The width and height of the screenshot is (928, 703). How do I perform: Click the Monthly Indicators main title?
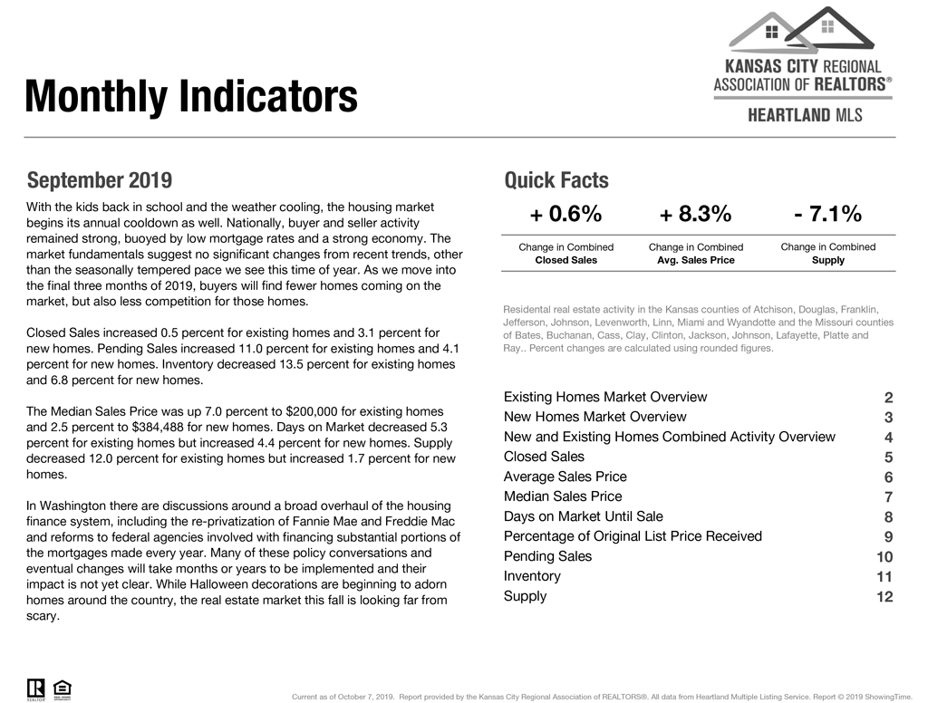(191, 97)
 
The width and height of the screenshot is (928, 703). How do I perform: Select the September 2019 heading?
(99, 179)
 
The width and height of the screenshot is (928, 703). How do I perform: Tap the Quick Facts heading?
(556, 179)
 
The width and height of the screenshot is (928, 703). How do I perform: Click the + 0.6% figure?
(565, 215)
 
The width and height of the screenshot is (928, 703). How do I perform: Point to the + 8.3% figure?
(695, 215)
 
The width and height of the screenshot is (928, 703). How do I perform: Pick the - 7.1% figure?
(827, 215)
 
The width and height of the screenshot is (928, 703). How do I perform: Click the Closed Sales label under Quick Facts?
(565, 260)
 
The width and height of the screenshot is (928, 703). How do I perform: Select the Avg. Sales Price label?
(695, 260)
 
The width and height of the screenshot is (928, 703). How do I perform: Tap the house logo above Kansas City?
(802, 30)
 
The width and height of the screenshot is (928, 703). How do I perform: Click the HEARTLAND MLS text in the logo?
(805, 115)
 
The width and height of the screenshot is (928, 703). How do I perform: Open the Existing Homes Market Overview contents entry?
(604, 397)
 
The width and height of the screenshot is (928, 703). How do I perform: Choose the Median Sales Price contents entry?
(563, 496)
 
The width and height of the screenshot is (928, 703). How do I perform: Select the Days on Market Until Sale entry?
(583, 516)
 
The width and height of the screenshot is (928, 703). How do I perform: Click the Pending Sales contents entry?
(547, 556)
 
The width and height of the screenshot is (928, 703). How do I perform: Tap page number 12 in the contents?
(884, 597)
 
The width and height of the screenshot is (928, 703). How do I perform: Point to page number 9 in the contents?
(888, 537)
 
